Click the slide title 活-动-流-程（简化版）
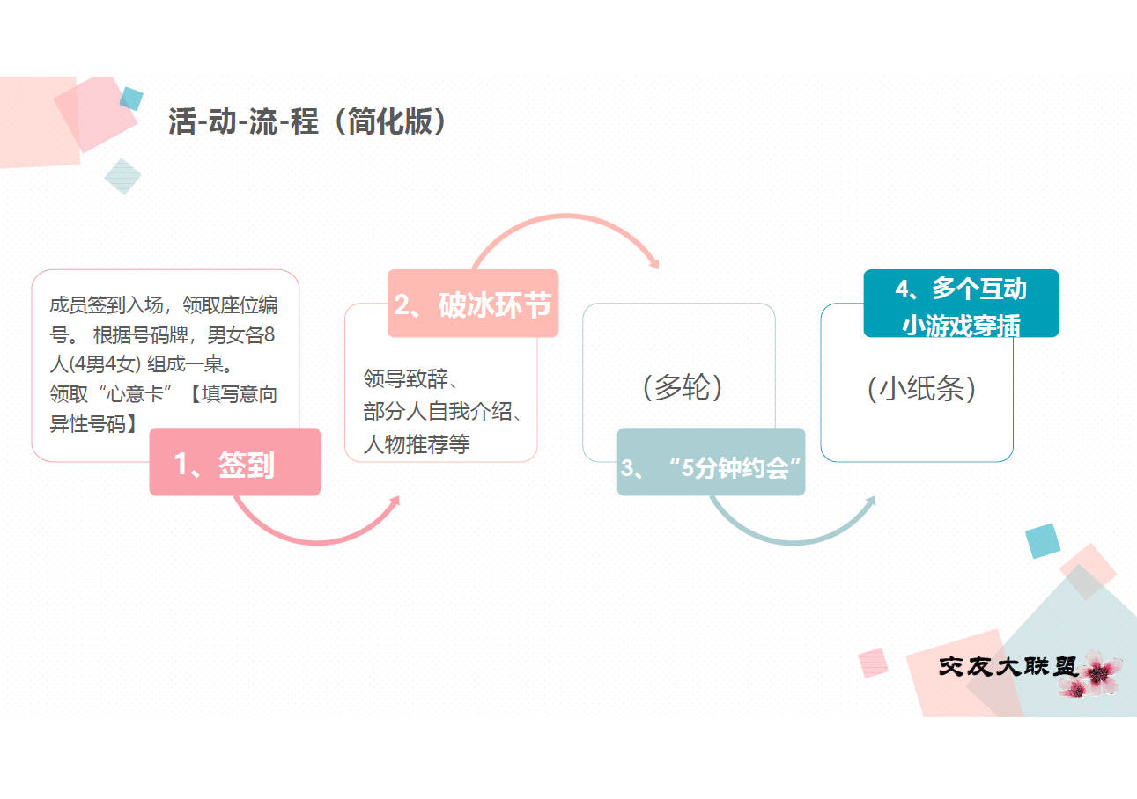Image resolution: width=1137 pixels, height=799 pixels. pyautogui.click(x=307, y=121)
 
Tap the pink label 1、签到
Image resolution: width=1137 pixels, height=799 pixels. pyautogui.click(x=234, y=462)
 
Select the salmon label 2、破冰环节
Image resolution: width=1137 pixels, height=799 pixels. pyautogui.click(x=473, y=304)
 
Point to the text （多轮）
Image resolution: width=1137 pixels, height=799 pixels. pyautogui.click(x=683, y=387)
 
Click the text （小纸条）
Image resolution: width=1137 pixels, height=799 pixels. pyautogui.click(x=921, y=389)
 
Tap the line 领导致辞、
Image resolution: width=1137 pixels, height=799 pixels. pyautogui.click(x=410, y=378)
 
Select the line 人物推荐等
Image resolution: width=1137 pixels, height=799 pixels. pyautogui.click(x=417, y=444)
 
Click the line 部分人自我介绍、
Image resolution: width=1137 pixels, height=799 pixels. pyautogui.click(x=443, y=412)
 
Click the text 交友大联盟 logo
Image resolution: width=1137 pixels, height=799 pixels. pyautogui.click(x=1008, y=666)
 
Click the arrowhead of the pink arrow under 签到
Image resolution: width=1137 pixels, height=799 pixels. pyautogui.click(x=395, y=502)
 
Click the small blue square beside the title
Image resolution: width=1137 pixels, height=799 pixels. pyautogui.click(x=131, y=99)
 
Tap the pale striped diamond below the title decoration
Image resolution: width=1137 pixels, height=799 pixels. pyautogui.click(x=122, y=176)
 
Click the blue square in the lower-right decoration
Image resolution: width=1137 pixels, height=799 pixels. pyautogui.click(x=1043, y=541)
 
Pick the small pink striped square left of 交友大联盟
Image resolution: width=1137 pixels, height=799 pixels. pyautogui.click(x=873, y=663)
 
